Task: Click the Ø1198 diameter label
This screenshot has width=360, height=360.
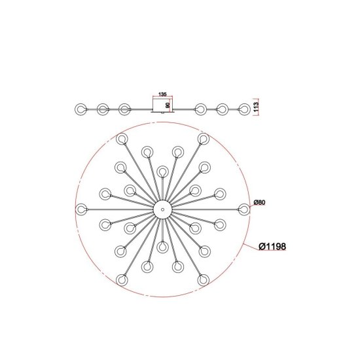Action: (x=272, y=247)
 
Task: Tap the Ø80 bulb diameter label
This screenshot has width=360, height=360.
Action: (x=259, y=202)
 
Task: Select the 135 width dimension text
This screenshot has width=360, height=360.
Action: (x=162, y=94)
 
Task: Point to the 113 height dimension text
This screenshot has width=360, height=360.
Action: (x=256, y=107)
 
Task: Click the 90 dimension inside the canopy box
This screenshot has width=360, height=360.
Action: (x=168, y=105)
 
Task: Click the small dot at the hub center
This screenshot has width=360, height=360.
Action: (x=162, y=209)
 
